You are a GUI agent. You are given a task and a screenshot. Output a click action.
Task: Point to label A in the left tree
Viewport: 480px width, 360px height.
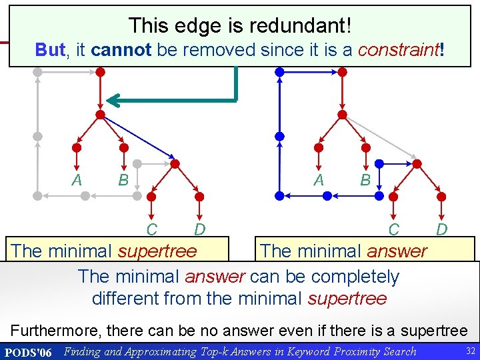click(x=77, y=180)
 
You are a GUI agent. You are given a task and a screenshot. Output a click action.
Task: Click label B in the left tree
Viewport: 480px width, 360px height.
click(x=123, y=180)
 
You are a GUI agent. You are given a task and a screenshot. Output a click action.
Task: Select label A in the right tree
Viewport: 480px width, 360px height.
click(x=319, y=180)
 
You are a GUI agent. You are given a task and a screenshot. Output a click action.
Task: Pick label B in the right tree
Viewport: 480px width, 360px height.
click(x=365, y=180)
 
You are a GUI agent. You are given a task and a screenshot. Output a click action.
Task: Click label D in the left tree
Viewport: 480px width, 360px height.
click(x=199, y=231)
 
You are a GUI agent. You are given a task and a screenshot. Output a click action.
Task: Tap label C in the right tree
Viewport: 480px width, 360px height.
click(x=394, y=231)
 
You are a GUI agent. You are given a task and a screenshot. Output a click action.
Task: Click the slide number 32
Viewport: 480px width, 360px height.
click(x=469, y=351)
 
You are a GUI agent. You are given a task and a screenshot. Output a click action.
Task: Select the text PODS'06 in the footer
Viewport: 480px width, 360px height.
click(x=27, y=351)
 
